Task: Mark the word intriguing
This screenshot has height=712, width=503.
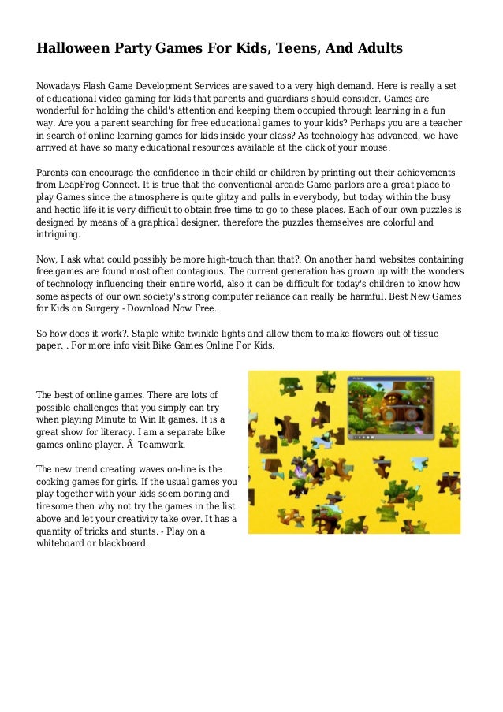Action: pos(58,235)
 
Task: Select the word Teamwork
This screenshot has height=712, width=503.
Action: pos(160,445)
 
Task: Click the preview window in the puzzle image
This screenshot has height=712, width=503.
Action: pos(391,408)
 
